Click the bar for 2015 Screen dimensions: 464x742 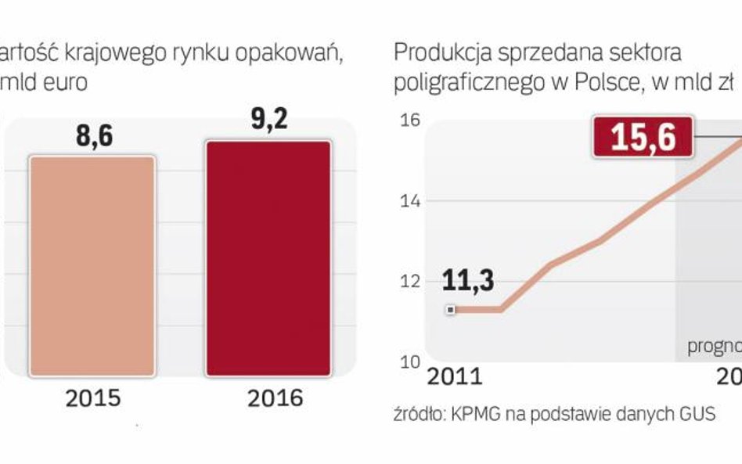click(x=93, y=266)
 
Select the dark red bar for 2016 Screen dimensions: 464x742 click(x=268, y=258)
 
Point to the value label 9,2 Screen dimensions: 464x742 click(x=269, y=121)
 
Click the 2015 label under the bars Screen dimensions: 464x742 click(x=93, y=398)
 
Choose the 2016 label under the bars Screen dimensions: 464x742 click(x=275, y=398)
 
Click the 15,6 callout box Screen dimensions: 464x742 click(x=643, y=137)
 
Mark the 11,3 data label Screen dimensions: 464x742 click(x=467, y=280)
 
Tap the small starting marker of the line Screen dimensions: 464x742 click(x=451, y=310)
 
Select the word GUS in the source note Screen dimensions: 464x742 click(x=697, y=415)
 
